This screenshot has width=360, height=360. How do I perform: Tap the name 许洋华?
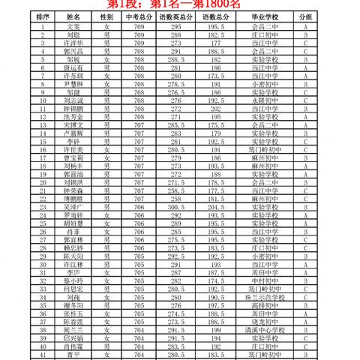(73, 42)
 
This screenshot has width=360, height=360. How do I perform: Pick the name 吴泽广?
(73, 205)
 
